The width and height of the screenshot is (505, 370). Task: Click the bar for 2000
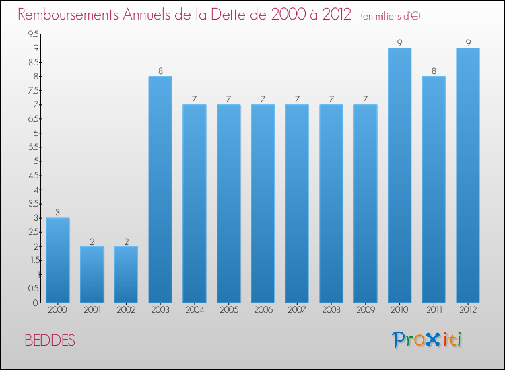coord(58,260)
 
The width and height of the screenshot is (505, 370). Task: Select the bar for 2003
coord(160,190)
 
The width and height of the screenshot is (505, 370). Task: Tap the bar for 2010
coord(400,176)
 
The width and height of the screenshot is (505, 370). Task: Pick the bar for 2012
coord(468,176)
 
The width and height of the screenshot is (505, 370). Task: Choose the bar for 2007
coord(297,204)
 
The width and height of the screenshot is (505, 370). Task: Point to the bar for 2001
coord(92,274)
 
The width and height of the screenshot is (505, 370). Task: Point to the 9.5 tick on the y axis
coord(32,34)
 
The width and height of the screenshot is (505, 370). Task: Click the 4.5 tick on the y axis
coord(32,176)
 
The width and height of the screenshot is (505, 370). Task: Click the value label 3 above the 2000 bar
coord(58,213)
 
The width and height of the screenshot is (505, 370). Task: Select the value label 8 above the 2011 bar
coord(434,71)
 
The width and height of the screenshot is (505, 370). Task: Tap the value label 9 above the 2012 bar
coord(468,43)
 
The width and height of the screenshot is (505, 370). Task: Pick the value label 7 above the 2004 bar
coord(195,100)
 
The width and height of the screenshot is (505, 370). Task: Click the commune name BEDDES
coord(50,340)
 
